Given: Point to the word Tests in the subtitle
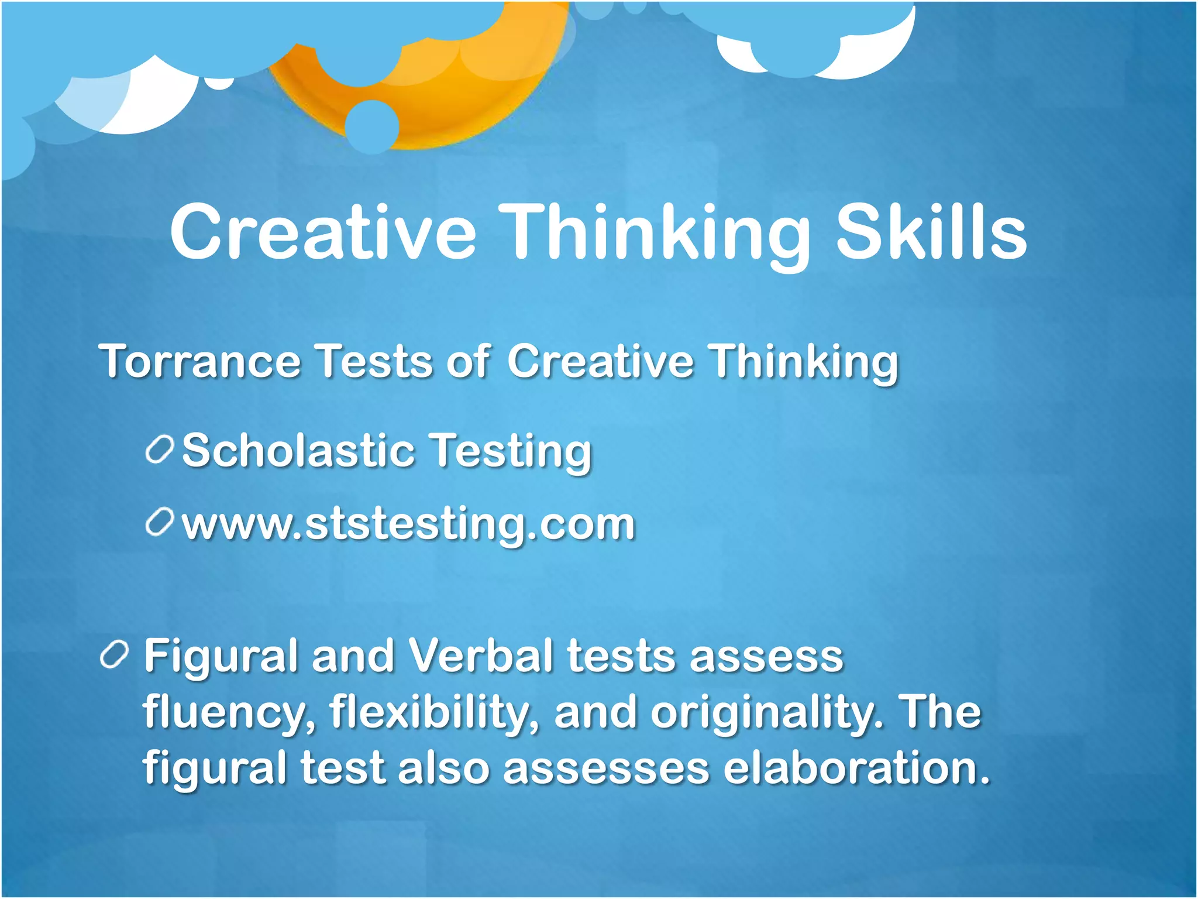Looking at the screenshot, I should [x=374, y=361].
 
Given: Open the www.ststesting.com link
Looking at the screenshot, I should [x=408, y=524].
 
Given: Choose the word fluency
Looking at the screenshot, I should [x=229, y=713].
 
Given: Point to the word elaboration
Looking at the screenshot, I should [x=857, y=768].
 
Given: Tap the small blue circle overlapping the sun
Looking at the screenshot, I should [x=372, y=126].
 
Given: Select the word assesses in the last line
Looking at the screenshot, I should [x=606, y=768].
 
